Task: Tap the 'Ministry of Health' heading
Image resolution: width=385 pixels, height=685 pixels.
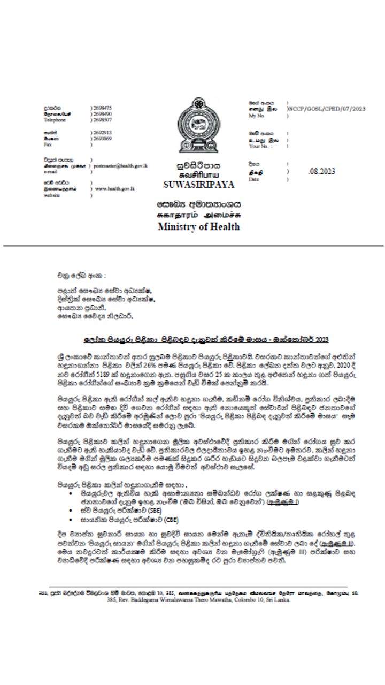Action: [x=198, y=226]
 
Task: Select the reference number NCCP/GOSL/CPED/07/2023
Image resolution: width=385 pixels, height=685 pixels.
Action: [x=327, y=109]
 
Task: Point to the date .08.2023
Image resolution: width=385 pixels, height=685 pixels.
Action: [x=322, y=171]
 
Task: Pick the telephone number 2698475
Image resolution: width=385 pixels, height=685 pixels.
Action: [x=102, y=108]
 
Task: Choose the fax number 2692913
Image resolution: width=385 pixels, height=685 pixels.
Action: [x=102, y=132]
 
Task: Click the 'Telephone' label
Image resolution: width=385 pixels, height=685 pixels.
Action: [x=55, y=120]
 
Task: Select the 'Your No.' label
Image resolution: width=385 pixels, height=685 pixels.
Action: [x=258, y=146]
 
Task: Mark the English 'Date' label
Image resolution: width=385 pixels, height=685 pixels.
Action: [x=253, y=180]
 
